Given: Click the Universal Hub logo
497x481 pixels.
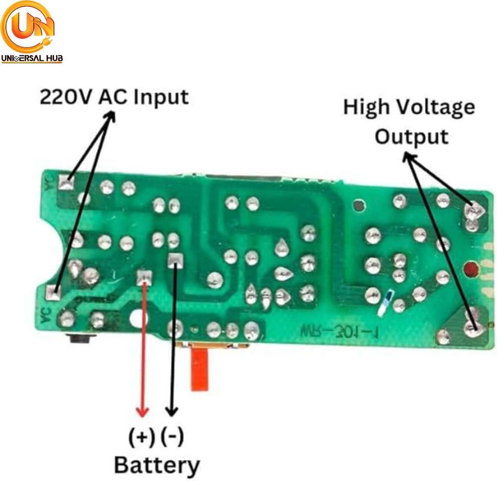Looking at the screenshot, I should click(31, 32).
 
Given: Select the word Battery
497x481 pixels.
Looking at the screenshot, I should click(157, 465).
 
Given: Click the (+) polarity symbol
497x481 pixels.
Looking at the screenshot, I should click(142, 437).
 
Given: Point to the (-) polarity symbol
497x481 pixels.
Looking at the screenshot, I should click(172, 437).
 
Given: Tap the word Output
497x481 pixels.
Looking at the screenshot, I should click(411, 136).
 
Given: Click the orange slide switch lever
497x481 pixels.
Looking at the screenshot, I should click(199, 370).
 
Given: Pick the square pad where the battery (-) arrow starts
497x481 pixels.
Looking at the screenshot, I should click(174, 260).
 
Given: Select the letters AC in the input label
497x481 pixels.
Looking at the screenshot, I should click(112, 97).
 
